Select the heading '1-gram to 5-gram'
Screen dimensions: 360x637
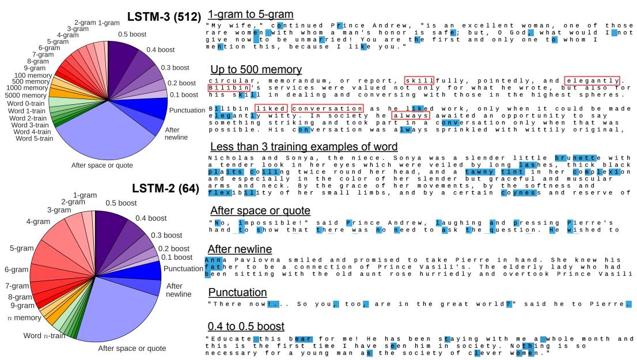251,13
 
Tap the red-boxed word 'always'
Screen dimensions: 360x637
410,116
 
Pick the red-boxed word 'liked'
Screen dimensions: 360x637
271,108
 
